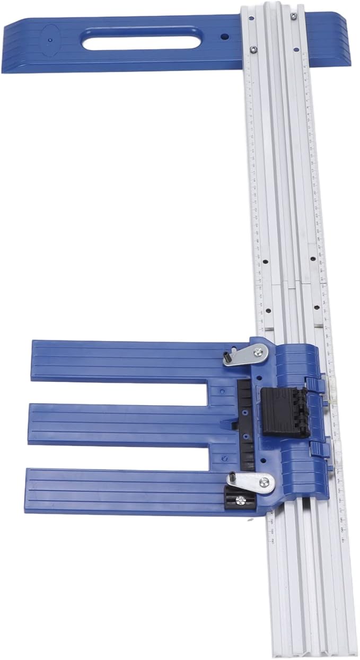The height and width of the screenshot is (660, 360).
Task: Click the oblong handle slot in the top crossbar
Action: tap(141, 39)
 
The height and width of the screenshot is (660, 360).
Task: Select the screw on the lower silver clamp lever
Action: tap(264, 482)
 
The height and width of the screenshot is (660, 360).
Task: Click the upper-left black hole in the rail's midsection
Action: tap(264, 260)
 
